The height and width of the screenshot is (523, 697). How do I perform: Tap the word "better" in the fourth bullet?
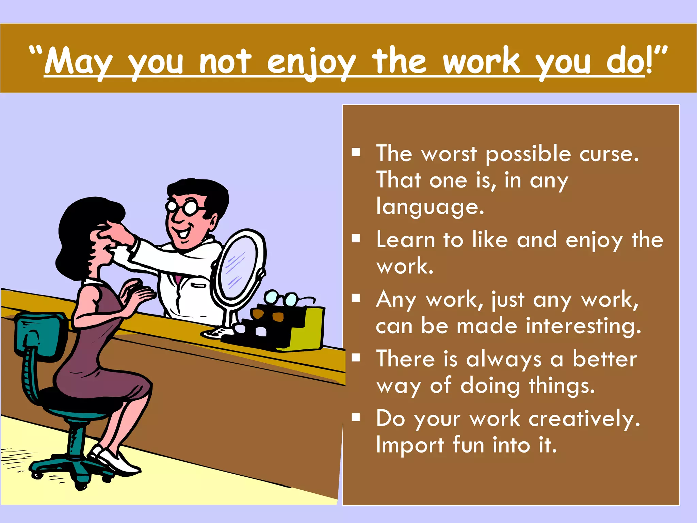(604, 359)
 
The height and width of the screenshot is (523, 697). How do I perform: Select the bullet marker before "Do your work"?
(356, 417)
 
